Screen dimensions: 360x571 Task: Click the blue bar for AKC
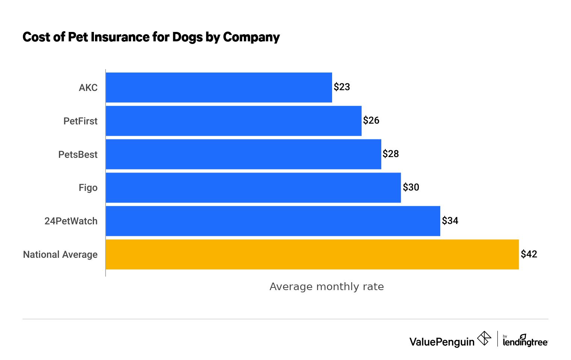click(219, 87)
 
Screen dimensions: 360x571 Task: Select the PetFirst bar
click(233, 121)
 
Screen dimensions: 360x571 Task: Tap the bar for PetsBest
click(243, 154)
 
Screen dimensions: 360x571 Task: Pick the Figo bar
click(253, 188)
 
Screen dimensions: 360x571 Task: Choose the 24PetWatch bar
click(273, 221)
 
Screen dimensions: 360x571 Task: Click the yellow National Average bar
click(312, 254)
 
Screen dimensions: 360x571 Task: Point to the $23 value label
click(342, 87)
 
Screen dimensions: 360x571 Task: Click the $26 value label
click(371, 121)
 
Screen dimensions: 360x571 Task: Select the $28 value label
click(391, 154)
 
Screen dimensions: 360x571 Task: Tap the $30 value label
click(411, 188)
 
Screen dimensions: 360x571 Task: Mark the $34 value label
click(450, 221)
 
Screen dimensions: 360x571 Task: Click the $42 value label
click(529, 254)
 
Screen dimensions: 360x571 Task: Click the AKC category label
click(88, 88)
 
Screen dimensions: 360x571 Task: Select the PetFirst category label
click(80, 121)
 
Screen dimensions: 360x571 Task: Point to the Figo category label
click(88, 188)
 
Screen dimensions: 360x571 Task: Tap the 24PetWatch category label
click(71, 221)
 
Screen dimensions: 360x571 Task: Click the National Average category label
click(60, 255)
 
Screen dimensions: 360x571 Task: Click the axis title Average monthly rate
click(326, 287)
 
